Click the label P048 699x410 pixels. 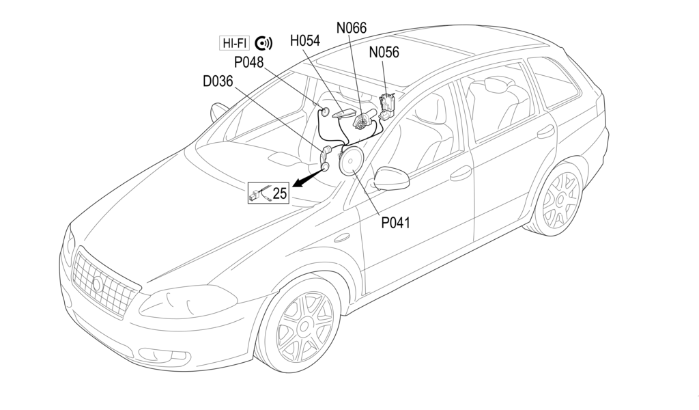[248, 62]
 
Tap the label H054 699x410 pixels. [304, 41]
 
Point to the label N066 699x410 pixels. [352, 28]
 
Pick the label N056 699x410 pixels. [384, 52]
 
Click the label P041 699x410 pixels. [395, 221]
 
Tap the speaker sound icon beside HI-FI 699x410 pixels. [263, 43]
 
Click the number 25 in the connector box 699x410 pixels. [280, 193]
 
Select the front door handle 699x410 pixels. [461, 173]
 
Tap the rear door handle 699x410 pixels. [546, 131]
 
